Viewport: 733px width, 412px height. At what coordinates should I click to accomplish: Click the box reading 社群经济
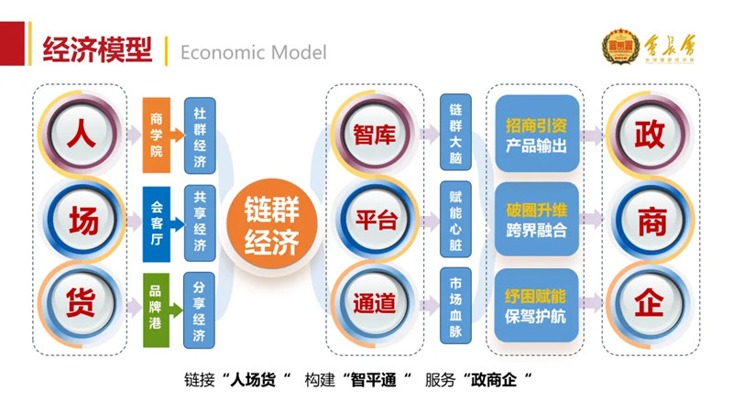200,134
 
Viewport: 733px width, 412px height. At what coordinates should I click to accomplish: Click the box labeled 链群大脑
455,134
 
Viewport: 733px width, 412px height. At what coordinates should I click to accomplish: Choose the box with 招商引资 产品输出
537,134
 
